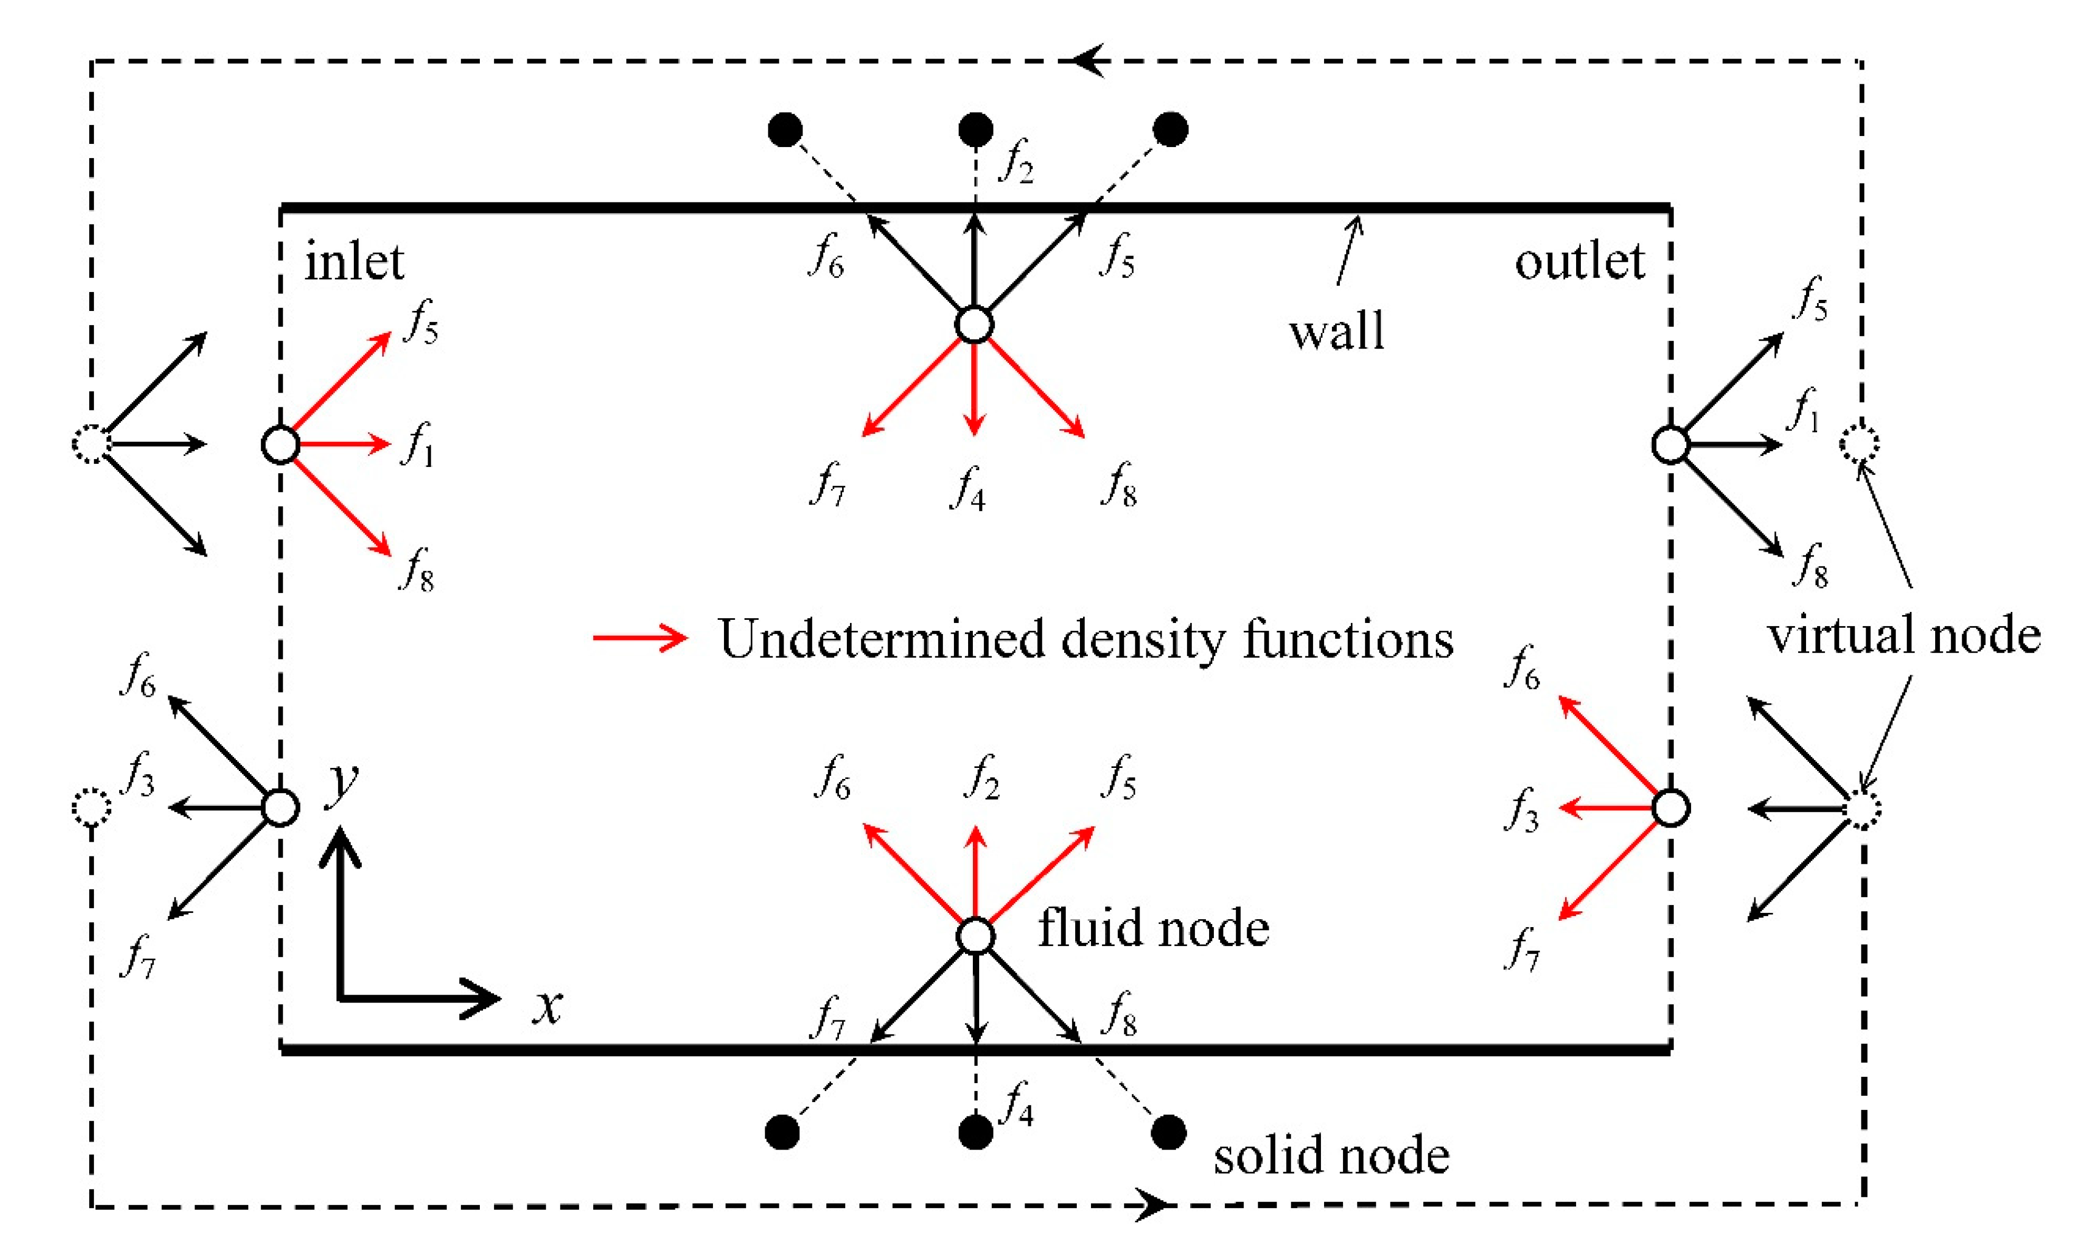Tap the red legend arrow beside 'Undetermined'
tap(640, 638)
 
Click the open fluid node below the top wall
tap(975, 324)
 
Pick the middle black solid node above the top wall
tap(976, 129)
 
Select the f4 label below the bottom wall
tap(1016, 1104)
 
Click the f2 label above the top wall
tap(1016, 161)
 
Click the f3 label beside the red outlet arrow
tap(1522, 811)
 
